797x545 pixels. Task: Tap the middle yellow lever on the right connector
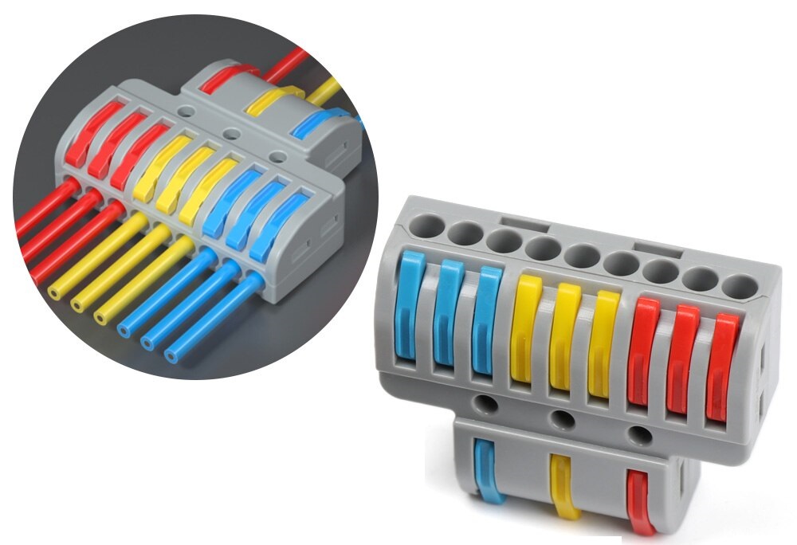[565, 335]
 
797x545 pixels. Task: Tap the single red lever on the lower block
[640, 502]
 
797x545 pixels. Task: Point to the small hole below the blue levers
[484, 403]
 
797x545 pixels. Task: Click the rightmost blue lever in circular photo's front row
[272, 226]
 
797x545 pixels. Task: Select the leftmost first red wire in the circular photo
[44, 206]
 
